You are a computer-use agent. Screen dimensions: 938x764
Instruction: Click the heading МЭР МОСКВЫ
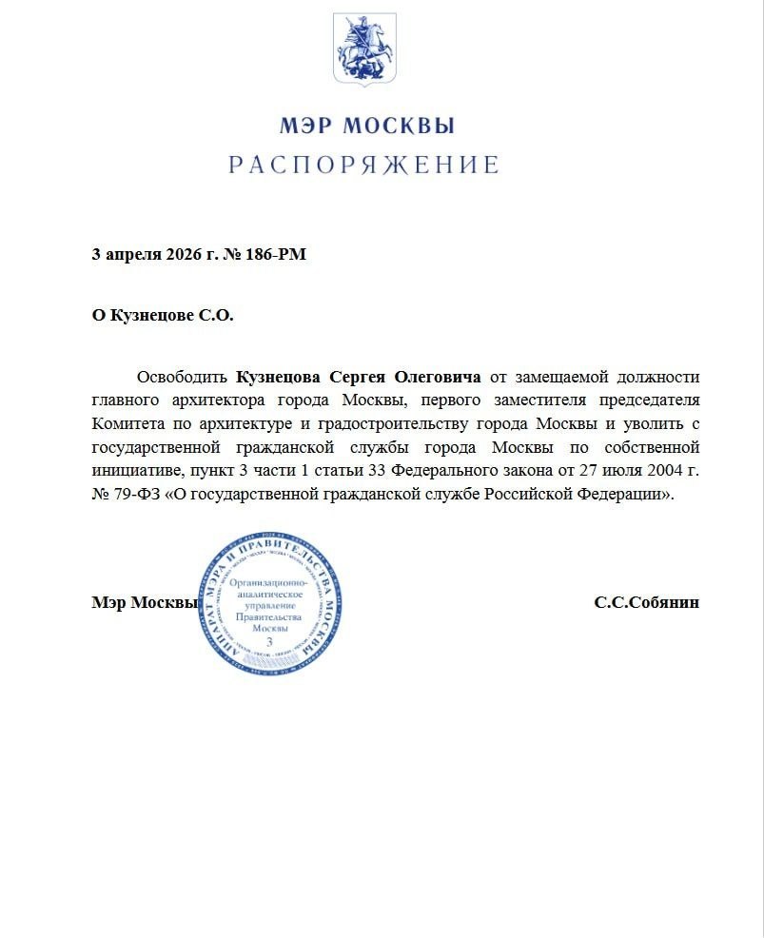point(366,126)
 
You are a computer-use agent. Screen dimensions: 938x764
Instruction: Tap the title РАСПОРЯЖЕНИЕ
point(364,165)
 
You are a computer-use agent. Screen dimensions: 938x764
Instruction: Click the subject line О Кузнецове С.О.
point(162,316)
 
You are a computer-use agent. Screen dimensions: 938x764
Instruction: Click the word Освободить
point(183,376)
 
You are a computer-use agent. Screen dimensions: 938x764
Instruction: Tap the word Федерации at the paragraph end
point(623,495)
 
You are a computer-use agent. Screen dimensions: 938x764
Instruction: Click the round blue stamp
point(268,604)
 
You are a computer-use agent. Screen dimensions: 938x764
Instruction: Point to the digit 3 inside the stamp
point(269,643)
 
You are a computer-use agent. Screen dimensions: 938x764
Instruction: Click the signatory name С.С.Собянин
point(646,603)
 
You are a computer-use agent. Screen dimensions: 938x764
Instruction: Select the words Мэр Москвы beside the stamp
point(144,603)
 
